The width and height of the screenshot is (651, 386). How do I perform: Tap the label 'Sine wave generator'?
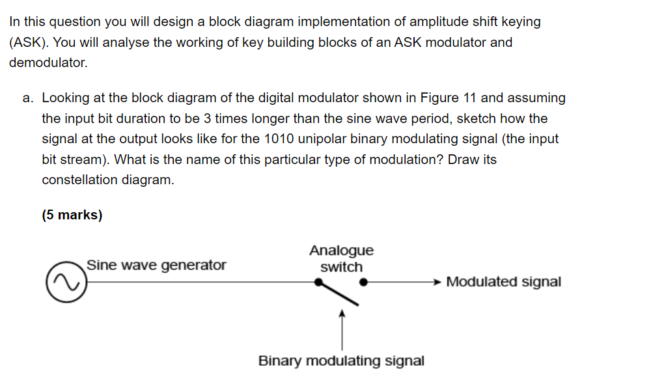point(156,265)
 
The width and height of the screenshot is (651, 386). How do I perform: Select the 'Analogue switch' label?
point(341,258)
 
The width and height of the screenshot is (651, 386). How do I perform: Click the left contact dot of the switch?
point(318,282)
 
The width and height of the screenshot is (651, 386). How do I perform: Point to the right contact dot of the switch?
point(364,282)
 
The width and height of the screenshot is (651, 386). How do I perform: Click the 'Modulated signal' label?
point(503,282)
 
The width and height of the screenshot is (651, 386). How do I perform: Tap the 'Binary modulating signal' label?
point(341,361)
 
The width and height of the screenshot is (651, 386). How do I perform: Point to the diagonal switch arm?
point(339,294)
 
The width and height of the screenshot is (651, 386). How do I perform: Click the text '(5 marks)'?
point(72,215)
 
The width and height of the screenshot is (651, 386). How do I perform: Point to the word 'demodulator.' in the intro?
point(48,63)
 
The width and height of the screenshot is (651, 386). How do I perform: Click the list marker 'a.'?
point(29,98)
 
